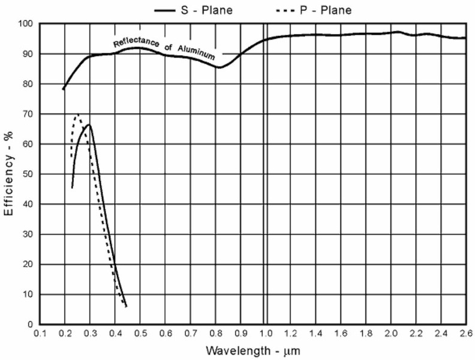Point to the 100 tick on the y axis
[x=26, y=24]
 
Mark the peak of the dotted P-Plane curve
[x=77, y=115]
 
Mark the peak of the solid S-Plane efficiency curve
[x=89, y=125]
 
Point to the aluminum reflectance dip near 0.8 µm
[x=220, y=67]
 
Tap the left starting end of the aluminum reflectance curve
[x=63, y=89]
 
